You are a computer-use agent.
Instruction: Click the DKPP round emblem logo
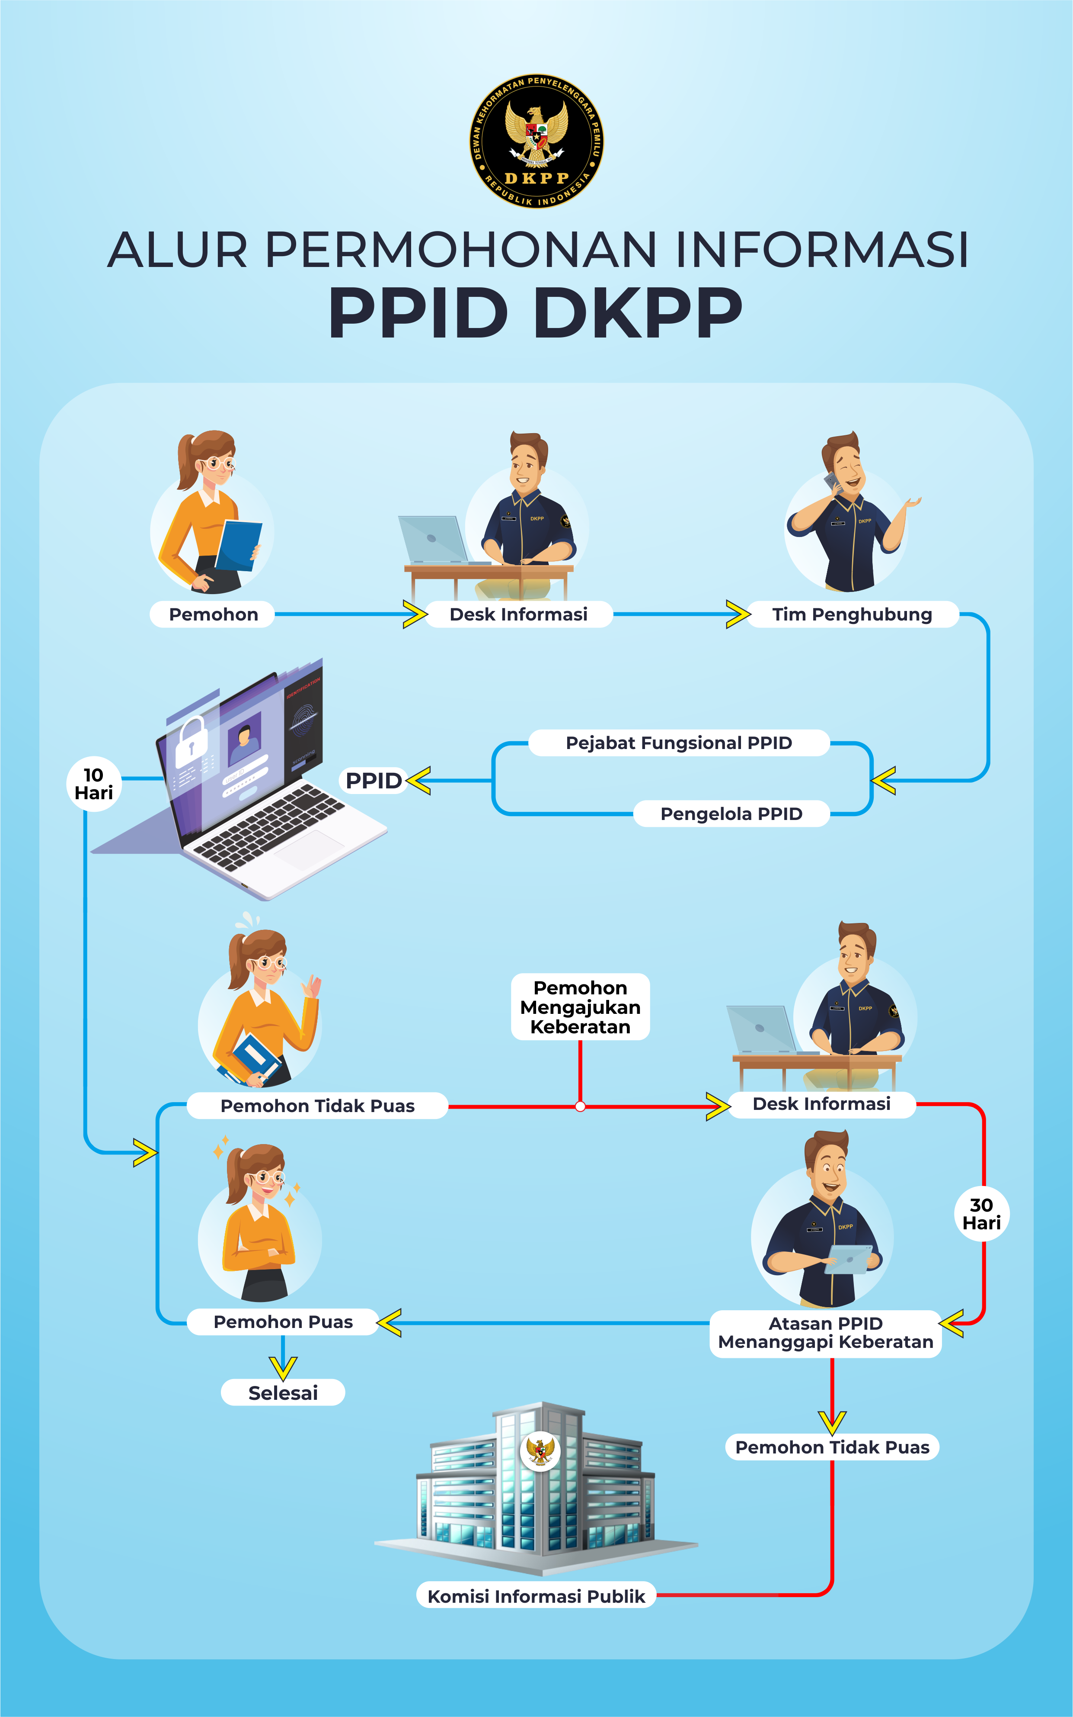point(536,141)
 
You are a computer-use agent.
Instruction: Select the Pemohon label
point(213,614)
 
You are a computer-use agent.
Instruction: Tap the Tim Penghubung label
point(852,614)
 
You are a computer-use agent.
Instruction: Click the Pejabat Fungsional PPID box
point(679,743)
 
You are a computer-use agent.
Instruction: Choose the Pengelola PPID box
point(731,814)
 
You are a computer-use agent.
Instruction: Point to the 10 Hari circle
point(94,784)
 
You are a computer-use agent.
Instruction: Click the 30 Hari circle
point(981,1214)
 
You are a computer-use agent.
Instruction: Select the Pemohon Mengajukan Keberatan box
point(581,1007)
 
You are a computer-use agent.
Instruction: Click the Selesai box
point(283,1392)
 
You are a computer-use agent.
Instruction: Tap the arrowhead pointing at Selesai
point(283,1368)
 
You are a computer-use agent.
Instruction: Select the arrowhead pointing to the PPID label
point(419,780)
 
